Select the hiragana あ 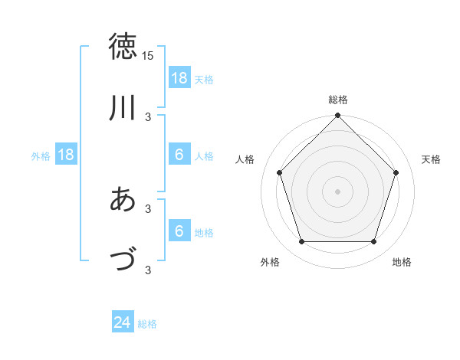(124, 200)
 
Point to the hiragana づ (124, 260)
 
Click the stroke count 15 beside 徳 (148, 56)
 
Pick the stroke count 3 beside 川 (148, 117)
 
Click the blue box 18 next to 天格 (179, 78)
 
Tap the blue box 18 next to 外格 (66, 155)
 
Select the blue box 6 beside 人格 (179, 155)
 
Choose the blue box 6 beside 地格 (179, 232)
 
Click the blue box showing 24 (123, 323)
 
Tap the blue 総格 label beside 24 (148, 324)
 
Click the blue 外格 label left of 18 (41, 156)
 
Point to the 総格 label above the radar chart (338, 100)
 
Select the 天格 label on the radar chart (431, 159)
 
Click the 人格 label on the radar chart (245, 159)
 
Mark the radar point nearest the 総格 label (338, 116)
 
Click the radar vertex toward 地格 (373, 242)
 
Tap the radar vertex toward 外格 (302, 242)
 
